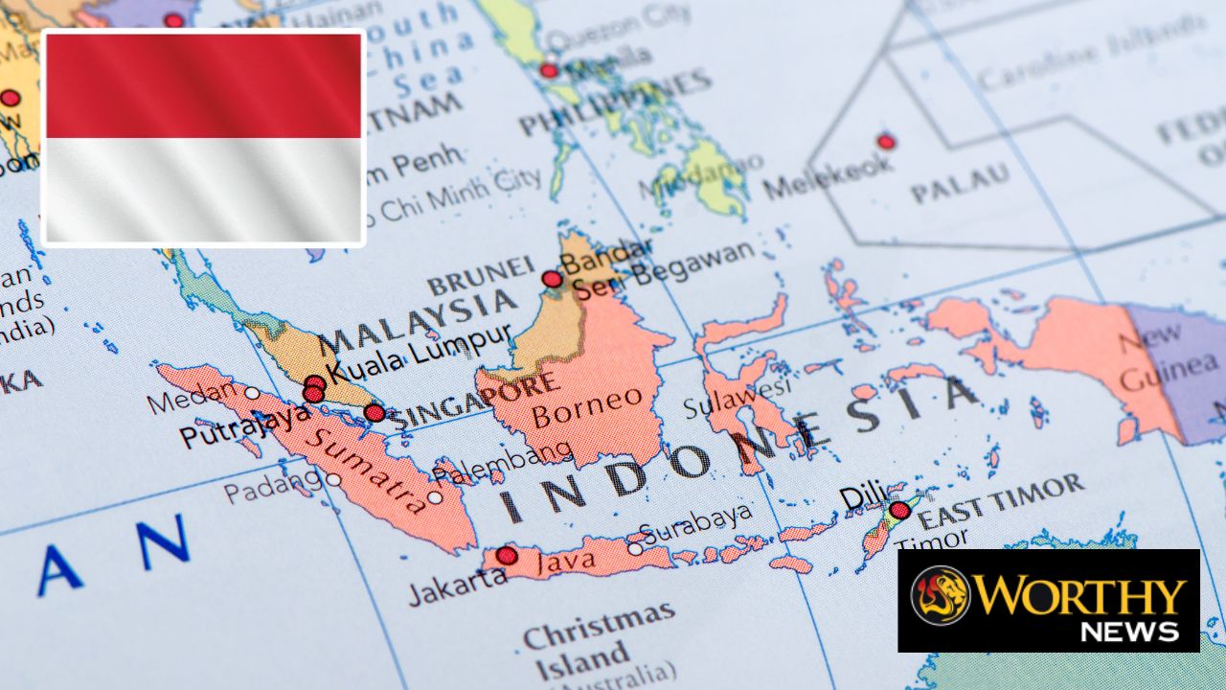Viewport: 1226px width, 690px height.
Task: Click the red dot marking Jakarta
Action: (x=507, y=556)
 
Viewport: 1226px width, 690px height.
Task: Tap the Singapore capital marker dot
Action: (x=375, y=413)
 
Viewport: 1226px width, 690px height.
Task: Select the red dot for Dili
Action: (x=899, y=511)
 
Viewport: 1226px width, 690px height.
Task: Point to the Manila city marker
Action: (x=549, y=71)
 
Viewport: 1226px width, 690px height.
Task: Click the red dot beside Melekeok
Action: (x=886, y=142)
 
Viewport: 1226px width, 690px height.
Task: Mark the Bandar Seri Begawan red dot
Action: (x=552, y=279)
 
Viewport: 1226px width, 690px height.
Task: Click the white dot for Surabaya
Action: (x=635, y=549)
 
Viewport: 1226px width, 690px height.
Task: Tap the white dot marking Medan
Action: (x=252, y=393)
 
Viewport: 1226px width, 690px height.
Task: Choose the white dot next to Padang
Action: (x=333, y=479)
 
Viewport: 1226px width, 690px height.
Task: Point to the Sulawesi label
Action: (x=738, y=397)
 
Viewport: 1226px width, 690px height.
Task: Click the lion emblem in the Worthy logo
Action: (x=940, y=595)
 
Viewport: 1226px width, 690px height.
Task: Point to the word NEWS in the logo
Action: (x=1129, y=631)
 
